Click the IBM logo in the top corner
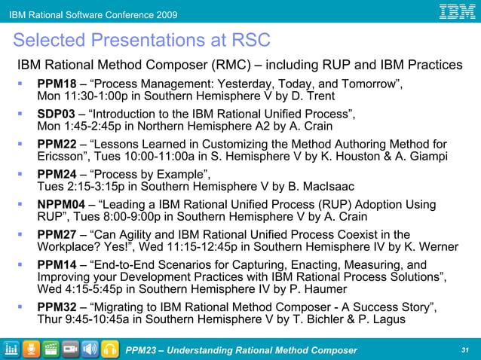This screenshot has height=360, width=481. coord(457,12)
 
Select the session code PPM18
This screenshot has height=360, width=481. coord(57,84)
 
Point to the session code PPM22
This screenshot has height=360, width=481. coord(57,145)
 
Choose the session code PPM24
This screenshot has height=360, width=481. coord(57,175)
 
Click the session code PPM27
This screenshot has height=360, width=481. coord(57,235)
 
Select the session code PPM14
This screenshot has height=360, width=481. coord(57,265)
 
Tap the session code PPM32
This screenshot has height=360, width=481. coord(57,307)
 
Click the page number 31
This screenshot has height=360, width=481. coord(464,350)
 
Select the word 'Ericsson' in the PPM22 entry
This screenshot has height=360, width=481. coord(63,157)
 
